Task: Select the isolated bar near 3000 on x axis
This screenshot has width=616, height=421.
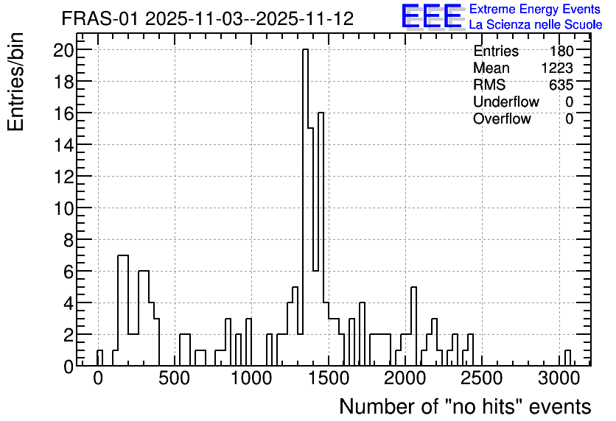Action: coord(567,358)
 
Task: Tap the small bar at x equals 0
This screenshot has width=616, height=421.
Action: coord(99,358)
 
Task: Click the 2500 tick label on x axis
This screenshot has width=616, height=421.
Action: coord(482,379)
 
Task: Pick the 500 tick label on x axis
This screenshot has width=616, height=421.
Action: coord(175,379)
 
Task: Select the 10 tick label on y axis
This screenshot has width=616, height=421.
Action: coord(63,208)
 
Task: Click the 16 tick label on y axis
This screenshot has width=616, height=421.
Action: coord(63,113)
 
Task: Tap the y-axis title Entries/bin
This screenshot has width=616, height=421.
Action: coord(15,82)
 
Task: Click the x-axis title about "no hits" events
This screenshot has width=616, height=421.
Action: coord(465,406)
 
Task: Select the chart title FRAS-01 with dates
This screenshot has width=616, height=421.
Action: coord(208,18)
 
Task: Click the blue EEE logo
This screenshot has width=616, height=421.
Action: coord(432,16)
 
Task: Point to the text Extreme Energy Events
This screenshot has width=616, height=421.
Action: coord(535,9)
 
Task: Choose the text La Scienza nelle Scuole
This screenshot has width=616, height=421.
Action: coord(536,24)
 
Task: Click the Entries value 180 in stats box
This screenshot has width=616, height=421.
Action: coord(561,51)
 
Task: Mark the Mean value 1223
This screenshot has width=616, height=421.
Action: coord(557,68)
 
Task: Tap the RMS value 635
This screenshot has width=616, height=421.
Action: coord(561,85)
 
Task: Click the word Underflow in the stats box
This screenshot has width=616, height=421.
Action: coord(506,102)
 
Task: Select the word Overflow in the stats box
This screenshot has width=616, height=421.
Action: coord(502,118)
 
